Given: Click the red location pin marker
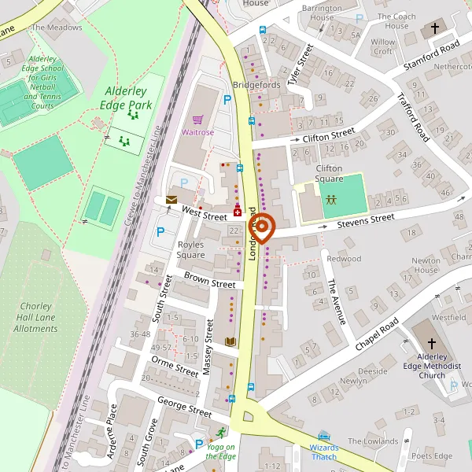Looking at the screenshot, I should [x=261, y=227].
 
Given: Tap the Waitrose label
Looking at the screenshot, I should [x=197, y=133].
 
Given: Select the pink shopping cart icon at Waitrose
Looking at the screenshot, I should [x=197, y=120].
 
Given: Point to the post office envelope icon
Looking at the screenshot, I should [x=171, y=201].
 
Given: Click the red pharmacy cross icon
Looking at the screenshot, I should [x=237, y=212].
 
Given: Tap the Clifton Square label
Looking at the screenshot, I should [x=329, y=173].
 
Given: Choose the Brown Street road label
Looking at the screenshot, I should [x=209, y=279].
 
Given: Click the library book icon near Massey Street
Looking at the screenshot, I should [x=230, y=341].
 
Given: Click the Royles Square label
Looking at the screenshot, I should [x=190, y=249].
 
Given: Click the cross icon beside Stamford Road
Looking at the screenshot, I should [x=435, y=29].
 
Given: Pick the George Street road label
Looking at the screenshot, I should [x=184, y=407].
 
